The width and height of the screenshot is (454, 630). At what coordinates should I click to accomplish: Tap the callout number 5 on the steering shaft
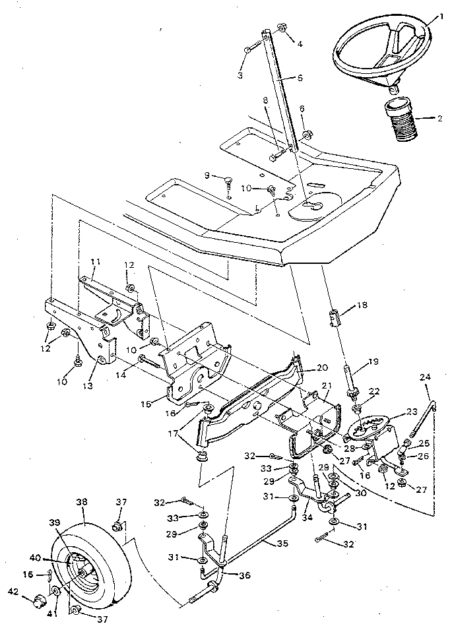click(x=301, y=77)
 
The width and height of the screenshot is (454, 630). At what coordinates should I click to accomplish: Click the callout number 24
click(x=424, y=377)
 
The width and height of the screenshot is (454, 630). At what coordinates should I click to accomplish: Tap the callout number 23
click(x=412, y=411)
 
